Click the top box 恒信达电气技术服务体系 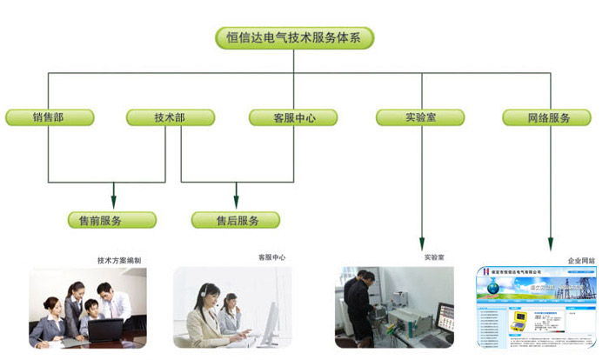(x=294, y=37)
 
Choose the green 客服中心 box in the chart (x=293, y=117)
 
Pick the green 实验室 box (x=421, y=117)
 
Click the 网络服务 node (x=549, y=117)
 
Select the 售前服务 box (x=112, y=220)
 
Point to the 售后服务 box (x=237, y=220)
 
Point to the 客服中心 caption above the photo (x=271, y=257)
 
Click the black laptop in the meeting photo (x=105, y=330)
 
